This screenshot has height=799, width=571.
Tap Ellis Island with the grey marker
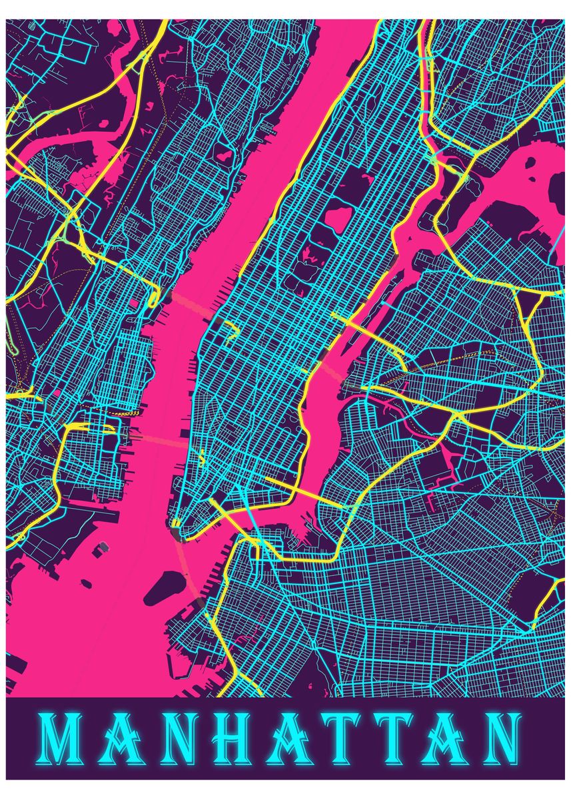pos(103,547)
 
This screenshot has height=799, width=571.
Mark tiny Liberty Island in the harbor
pos(87,584)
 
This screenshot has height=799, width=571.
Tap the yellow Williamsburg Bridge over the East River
pos(293,487)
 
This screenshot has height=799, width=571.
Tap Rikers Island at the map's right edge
pos(557,193)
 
